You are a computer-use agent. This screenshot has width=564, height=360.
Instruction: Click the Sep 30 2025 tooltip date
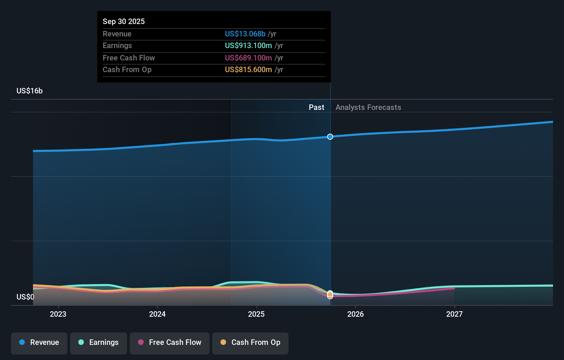click(x=124, y=21)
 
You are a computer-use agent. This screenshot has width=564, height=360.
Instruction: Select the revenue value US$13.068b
click(x=245, y=34)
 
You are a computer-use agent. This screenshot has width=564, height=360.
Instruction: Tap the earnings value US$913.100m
click(x=248, y=45)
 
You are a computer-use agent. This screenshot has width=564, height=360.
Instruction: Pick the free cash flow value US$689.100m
click(x=248, y=58)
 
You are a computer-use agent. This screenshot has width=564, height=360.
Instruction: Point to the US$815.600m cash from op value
click(x=248, y=69)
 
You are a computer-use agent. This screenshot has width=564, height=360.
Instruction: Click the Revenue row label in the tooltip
click(x=117, y=34)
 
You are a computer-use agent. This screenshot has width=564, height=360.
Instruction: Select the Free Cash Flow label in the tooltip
click(x=128, y=58)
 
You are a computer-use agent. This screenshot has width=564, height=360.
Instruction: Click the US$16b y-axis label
click(x=30, y=91)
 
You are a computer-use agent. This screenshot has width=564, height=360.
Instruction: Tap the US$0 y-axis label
click(x=25, y=297)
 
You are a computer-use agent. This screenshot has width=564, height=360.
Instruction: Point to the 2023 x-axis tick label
click(x=58, y=314)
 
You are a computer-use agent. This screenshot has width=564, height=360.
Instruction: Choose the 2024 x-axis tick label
click(x=157, y=314)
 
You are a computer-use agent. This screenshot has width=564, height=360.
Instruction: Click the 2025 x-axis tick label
click(x=256, y=314)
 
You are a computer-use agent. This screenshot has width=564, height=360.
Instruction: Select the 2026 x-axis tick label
click(x=356, y=314)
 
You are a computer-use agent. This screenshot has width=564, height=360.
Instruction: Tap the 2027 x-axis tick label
click(x=454, y=314)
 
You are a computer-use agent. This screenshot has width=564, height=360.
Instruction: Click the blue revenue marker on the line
click(x=330, y=137)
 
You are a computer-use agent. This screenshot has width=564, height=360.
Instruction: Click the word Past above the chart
click(x=316, y=107)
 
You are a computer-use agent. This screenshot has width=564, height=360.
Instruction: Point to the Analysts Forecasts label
click(x=368, y=107)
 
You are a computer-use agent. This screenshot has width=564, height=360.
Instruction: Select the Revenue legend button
click(x=39, y=342)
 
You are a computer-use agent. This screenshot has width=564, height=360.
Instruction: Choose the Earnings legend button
click(x=99, y=342)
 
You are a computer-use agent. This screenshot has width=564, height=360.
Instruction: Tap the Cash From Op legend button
click(x=250, y=342)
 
